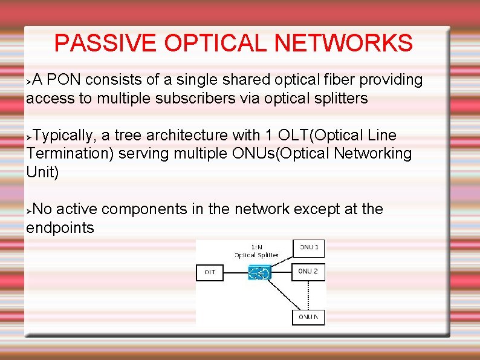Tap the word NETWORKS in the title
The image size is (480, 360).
343,43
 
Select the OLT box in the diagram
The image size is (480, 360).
210,273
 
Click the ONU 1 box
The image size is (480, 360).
308,247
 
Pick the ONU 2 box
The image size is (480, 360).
308,272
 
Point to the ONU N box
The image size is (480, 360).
308,316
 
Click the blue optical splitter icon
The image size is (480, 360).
259,273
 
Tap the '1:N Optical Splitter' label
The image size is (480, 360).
256,251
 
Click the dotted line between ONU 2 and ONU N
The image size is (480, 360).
308,295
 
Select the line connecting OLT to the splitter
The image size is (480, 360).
236,273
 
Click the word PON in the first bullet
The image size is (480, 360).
62,80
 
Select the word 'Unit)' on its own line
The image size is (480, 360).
42,172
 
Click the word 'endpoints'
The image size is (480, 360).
60,228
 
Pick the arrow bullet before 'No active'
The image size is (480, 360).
28,209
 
